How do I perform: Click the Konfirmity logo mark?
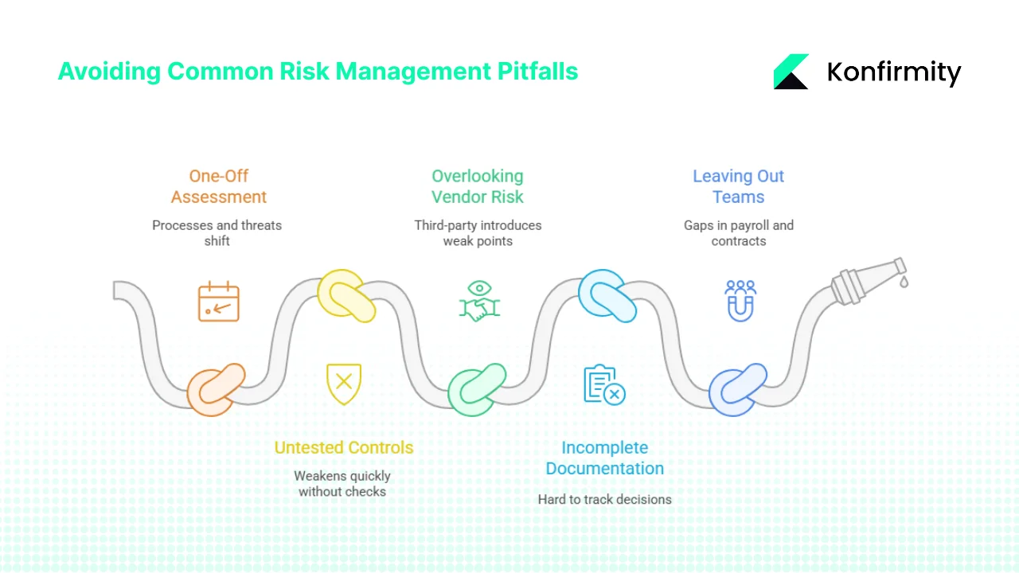pos(791,72)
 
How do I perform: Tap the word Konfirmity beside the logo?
pos(894,72)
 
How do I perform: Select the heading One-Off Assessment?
pos(219,186)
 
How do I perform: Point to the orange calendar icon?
pos(219,302)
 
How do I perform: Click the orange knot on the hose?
pos(216,389)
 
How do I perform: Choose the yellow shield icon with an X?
pos(344,384)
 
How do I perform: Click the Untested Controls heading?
pos(344,447)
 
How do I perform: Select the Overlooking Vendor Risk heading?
pos(478,186)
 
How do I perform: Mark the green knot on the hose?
pos(477,389)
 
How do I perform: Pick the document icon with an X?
pos(604,384)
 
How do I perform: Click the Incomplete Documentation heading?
pos(605,458)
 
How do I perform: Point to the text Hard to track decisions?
pos(605,500)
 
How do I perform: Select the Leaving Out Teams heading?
pos(739,186)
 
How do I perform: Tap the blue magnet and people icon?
pos(740,301)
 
